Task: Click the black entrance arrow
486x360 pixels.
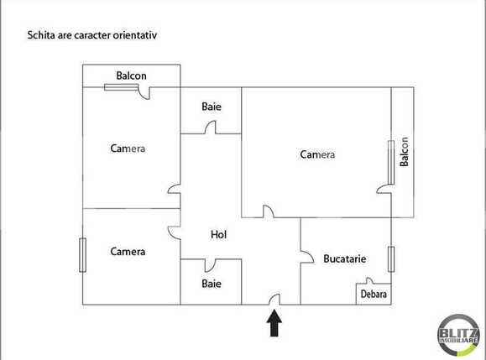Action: click(274, 323)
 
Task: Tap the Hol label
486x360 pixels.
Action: click(218, 235)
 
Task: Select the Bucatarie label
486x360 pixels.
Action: click(344, 259)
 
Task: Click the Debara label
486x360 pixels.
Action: click(374, 295)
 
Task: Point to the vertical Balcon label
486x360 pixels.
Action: click(404, 152)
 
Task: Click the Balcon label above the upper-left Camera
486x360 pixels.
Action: click(131, 76)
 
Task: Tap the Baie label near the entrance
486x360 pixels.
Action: click(212, 284)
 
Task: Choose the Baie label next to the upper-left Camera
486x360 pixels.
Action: click(212, 107)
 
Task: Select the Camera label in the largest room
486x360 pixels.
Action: click(317, 154)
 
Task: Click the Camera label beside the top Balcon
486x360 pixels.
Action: click(128, 149)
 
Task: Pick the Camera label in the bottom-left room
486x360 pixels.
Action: click(128, 252)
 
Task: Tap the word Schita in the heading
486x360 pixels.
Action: click(42, 36)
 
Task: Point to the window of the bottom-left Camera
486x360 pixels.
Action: click(82, 255)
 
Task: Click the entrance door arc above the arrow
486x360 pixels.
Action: click(274, 299)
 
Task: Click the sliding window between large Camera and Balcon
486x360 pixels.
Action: click(389, 164)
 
